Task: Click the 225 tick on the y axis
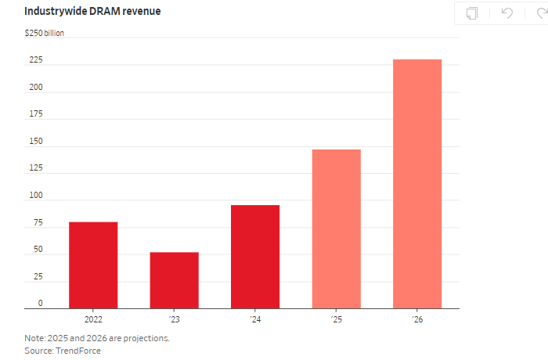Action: tap(36, 60)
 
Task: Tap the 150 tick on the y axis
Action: tap(36, 142)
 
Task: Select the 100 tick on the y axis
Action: tap(36, 196)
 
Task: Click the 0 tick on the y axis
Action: tap(41, 304)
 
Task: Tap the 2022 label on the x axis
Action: tap(93, 319)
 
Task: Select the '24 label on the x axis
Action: tap(255, 319)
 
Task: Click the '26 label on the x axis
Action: tap(417, 319)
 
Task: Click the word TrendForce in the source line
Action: tap(78, 351)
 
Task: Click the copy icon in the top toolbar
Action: tap(472, 13)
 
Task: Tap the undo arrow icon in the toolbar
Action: tap(507, 13)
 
